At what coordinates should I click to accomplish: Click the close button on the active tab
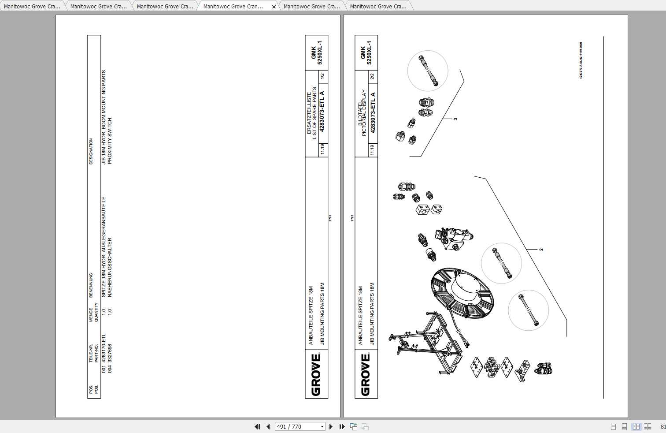(x=274, y=7)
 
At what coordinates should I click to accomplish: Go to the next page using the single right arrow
(x=331, y=426)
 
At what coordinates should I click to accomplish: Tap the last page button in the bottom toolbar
(x=342, y=426)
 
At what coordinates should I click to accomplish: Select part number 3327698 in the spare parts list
(x=110, y=358)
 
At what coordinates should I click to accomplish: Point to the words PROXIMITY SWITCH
(x=110, y=141)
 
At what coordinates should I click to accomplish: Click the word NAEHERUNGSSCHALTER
(x=110, y=267)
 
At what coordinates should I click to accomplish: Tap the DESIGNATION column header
(x=91, y=151)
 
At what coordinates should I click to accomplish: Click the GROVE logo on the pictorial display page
(x=366, y=374)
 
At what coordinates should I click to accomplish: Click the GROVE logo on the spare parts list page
(x=316, y=374)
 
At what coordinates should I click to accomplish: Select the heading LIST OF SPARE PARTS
(x=314, y=113)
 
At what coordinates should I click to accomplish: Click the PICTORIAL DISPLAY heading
(x=364, y=113)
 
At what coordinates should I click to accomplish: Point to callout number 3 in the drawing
(x=455, y=119)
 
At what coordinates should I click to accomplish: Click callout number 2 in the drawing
(x=541, y=250)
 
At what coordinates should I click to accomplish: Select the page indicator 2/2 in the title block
(x=372, y=76)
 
